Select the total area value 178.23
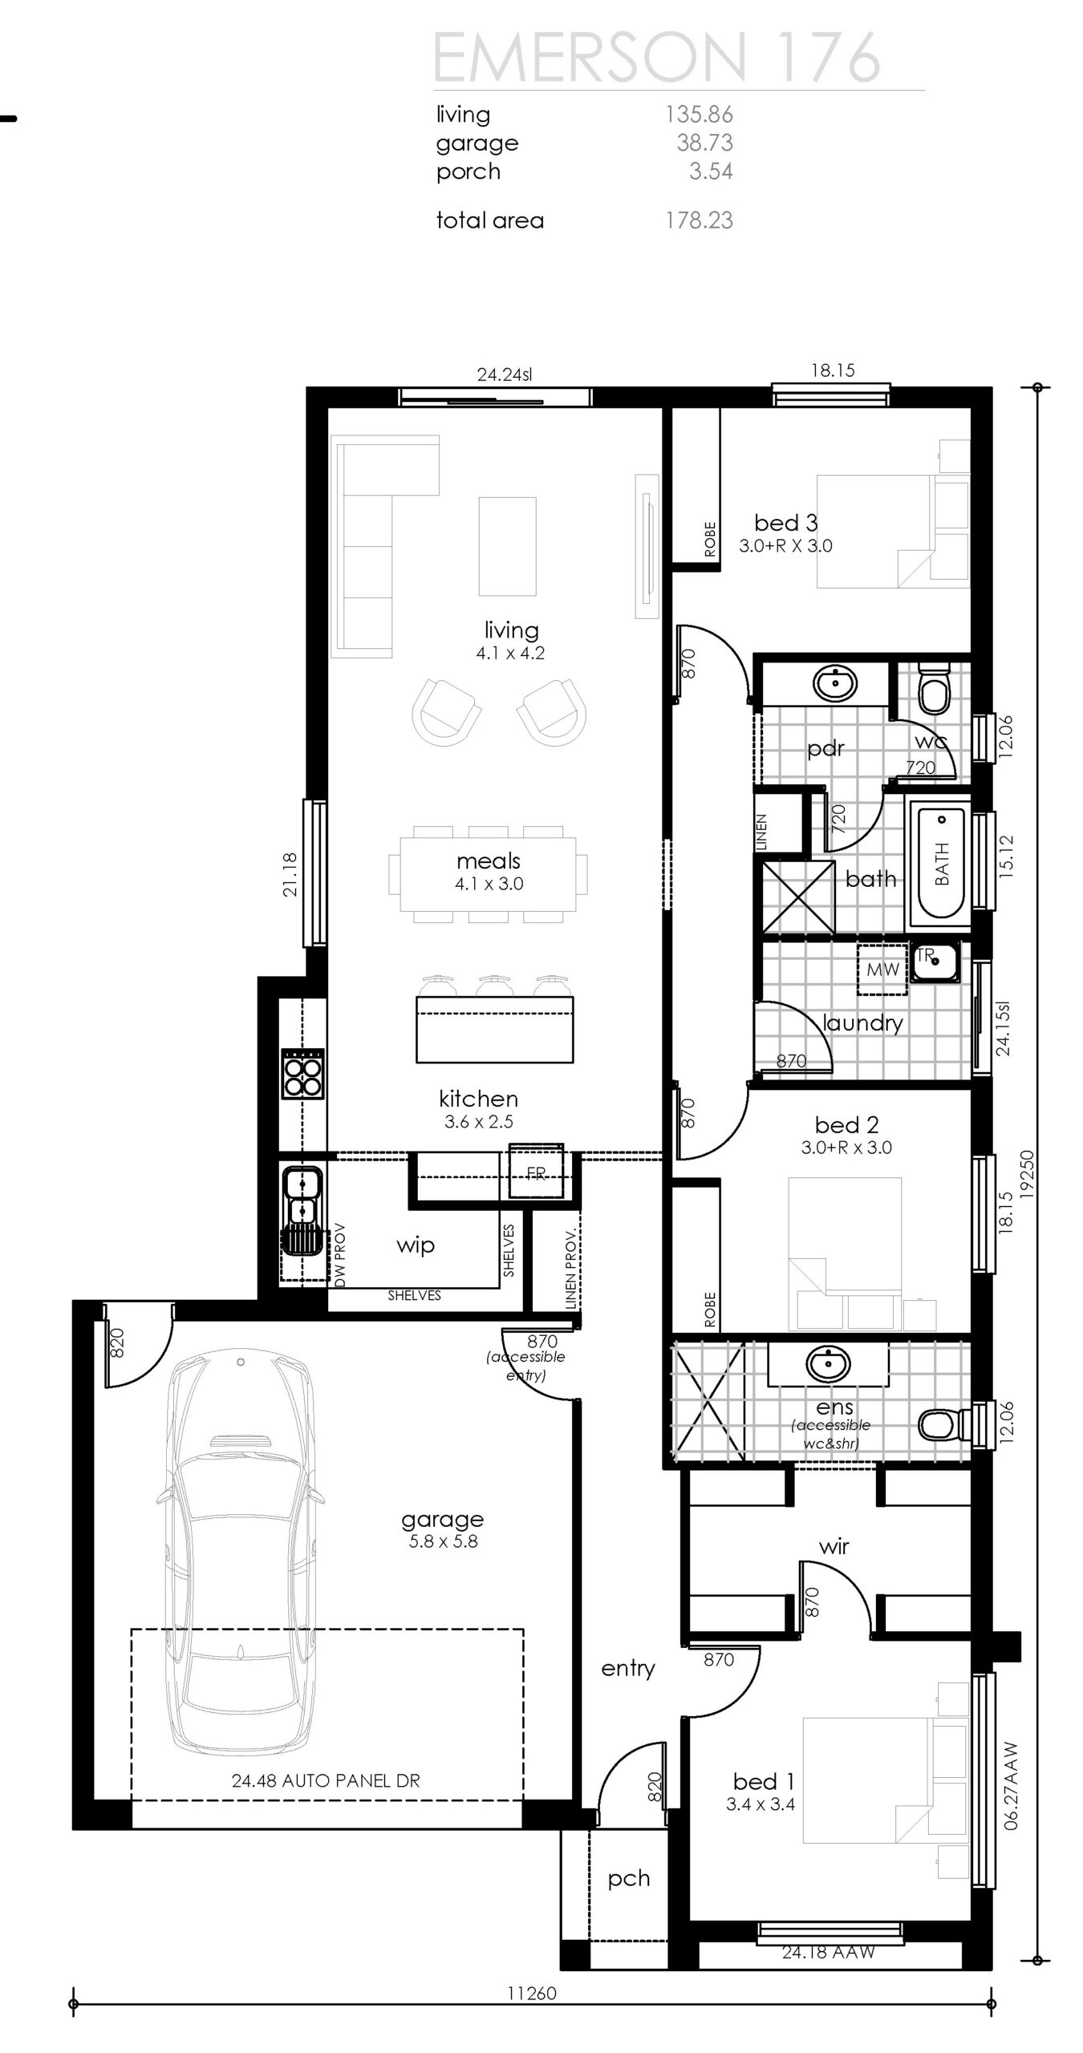pos(699,221)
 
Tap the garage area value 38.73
pos(704,143)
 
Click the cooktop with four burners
pos(302,1074)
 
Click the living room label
pos(511,630)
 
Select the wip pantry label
pos(415,1245)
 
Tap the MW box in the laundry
pos(882,970)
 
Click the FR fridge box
pos(536,1173)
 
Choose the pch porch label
pos(628,1879)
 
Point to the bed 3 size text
pos(785,546)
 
